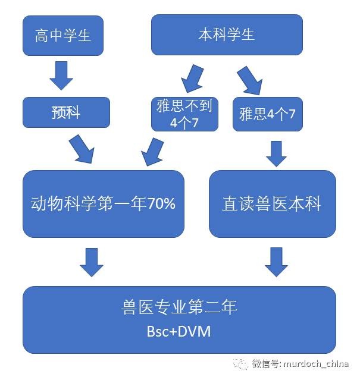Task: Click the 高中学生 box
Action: pyautogui.click(x=62, y=35)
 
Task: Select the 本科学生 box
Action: pyautogui.click(x=227, y=34)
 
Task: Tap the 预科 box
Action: pyautogui.click(x=66, y=112)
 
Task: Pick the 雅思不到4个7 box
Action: pyautogui.click(x=185, y=113)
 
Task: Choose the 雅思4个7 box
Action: pyautogui.click(x=267, y=114)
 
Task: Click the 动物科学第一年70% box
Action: pyautogui.click(x=103, y=204)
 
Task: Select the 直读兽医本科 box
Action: pyautogui.click(x=272, y=204)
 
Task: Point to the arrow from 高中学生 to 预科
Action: pyautogui.click(x=62, y=75)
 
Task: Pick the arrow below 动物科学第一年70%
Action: pyautogui.click(x=92, y=262)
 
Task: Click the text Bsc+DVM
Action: pyautogui.click(x=179, y=331)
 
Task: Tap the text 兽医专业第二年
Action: pyautogui.click(x=179, y=307)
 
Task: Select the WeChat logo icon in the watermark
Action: pyautogui.click(x=241, y=363)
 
